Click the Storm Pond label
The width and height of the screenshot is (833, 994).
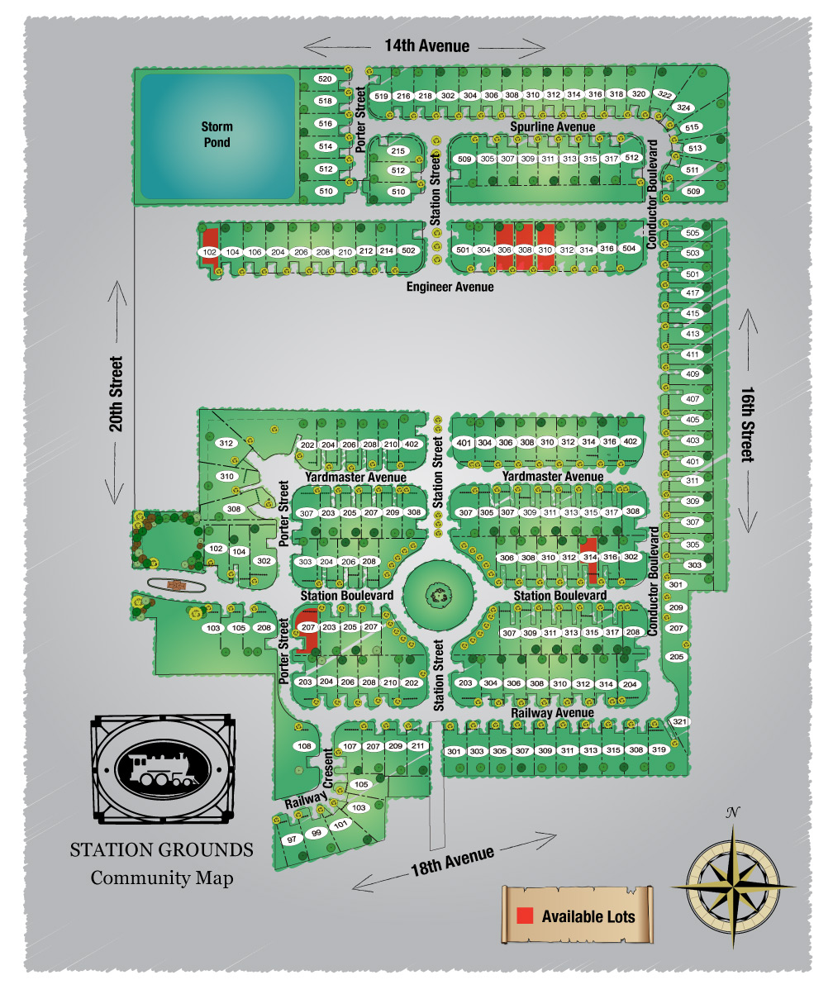click(217, 135)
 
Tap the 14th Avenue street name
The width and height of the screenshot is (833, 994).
click(426, 46)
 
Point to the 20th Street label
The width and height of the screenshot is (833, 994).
click(116, 395)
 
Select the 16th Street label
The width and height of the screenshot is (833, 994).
click(747, 425)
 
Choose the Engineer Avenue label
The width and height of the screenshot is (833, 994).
click(450, 287)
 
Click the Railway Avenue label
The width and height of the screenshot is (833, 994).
click(552, 712)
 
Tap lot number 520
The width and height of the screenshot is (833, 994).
click(325, 78)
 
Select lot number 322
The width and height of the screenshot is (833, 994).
click(663, 95)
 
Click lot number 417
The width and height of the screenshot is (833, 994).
click(693, 293)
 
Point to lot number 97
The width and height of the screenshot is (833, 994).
click(292, 839)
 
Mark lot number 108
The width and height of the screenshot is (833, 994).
click(304, 746)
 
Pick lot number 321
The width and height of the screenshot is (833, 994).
click(679, 722)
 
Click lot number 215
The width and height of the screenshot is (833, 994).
click(398, 151)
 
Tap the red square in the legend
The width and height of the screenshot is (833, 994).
click(524, 916)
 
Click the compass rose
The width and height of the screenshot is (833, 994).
click(734, 884)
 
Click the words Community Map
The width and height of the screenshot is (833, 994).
click(161, 877)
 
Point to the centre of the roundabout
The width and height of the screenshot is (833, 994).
click(438, 592)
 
